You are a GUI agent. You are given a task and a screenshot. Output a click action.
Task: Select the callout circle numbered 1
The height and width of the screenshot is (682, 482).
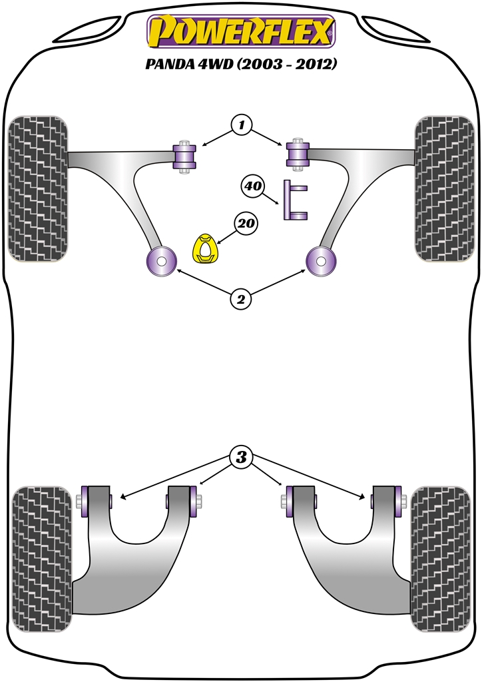pos(241,125)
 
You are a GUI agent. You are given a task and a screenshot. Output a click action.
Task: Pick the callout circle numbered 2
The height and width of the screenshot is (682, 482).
pos(241,299)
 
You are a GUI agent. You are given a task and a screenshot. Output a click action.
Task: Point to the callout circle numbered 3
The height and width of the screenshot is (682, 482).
pos(241,457)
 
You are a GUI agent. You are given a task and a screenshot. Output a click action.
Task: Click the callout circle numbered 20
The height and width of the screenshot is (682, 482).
pos(246,223)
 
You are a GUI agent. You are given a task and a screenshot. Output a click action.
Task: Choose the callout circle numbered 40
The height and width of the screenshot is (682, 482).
pos(253,186)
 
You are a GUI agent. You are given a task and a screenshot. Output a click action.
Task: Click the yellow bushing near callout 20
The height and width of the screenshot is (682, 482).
pos(205,249)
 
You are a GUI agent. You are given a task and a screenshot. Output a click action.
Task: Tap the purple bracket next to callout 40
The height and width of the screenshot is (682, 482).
pos(295,200)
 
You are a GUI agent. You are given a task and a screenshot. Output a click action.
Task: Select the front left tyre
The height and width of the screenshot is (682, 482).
pos(37,188)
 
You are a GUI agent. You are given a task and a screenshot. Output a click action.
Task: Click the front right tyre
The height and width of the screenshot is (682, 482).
pos(444,188)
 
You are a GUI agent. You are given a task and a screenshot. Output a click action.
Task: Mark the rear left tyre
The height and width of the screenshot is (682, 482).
pos(41,559)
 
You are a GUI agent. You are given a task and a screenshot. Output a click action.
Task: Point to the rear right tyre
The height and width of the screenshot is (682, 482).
pos(440,559)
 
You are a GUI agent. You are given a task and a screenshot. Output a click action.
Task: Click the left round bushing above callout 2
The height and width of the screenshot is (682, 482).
pos(161,261)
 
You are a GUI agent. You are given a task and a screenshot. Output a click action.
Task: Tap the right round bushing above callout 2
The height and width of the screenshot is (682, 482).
pos(321,261)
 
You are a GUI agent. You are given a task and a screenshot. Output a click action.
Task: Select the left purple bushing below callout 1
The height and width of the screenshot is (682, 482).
pos(184,157)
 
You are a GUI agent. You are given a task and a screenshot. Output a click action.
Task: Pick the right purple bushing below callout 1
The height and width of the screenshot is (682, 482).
pos(298,155)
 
